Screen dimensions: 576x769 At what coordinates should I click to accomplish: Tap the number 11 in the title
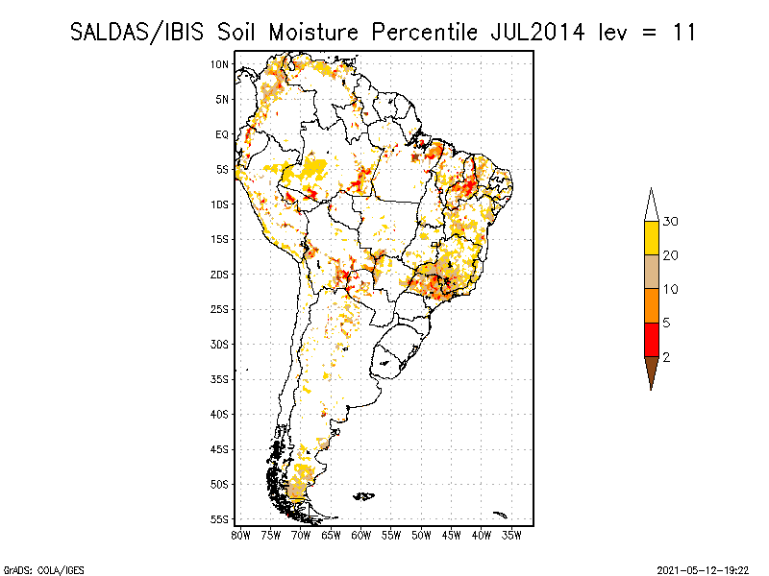coord(682,32)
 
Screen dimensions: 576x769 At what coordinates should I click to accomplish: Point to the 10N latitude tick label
coord(220,64)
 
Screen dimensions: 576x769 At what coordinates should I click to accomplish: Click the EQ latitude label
coord(222,134)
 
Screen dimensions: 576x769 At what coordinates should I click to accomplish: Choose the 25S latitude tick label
coord(220,309)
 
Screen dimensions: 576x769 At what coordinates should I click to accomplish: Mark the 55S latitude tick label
coord(220,519)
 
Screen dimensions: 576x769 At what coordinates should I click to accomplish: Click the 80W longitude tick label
coord(240,534)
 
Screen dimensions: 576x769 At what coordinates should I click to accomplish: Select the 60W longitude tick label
coord(361,534)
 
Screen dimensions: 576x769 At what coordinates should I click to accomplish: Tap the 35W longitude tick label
coord(512,534)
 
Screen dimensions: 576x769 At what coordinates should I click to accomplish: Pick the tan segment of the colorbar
coord(651,272)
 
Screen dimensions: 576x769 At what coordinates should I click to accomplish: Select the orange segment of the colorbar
coord(651,305)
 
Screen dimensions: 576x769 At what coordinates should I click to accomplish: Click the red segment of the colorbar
coord(651,339)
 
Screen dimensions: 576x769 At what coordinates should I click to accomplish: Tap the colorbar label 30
coord(671,222)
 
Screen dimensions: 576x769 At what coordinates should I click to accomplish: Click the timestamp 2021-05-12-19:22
coord(704,569)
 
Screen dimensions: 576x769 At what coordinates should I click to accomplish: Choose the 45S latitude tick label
coord(220,449)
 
